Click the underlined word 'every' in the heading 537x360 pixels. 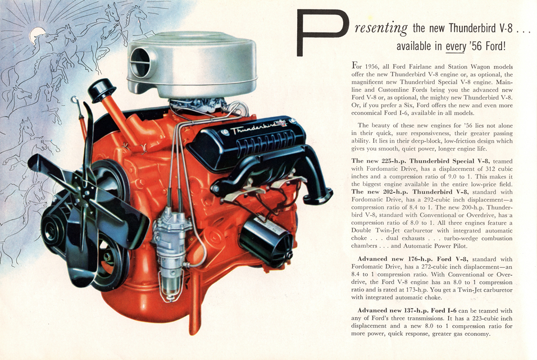pos(456,46)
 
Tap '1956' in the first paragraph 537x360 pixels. pos(376,66)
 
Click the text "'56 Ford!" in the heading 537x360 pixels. pos(488,46)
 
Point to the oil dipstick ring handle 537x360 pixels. pos(74,101)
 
